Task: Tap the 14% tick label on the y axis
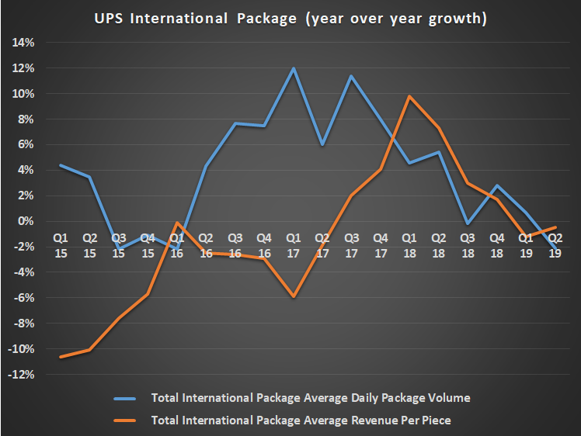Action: pyautogui.click(x=23, y=43)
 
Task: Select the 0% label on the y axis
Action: pyautogui.click(x=26, y=221)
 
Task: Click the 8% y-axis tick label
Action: pyautogui.click(x=26, y=119)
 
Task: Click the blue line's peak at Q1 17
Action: pyautogui.click(x=293, y=68)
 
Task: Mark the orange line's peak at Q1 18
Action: pyautogui.click(x=409, y=96)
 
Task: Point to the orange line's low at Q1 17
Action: pyautogui.click(x=293, y=296)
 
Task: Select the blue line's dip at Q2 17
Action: pyautogui.click(x=322, y=145)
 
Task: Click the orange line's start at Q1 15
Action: pyautogui.click(x=60, y=357)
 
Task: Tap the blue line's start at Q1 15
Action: pyautogui.click(x=60, y=165)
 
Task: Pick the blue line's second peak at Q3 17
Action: pyautogui.click(x=351, y=76)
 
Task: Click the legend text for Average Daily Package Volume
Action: pyautogui.click(x=311, y=398)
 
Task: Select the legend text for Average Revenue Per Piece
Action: pyautogui.click(x=301, y=420)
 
